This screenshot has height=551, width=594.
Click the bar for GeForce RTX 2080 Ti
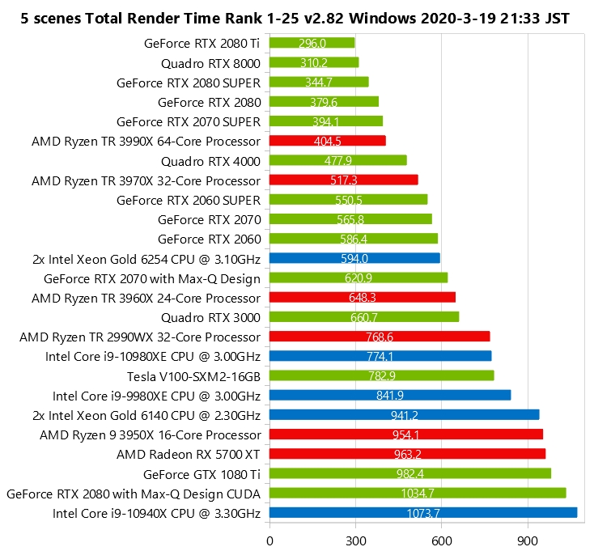pos(312,43)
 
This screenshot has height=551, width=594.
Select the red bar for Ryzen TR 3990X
pos(327,141)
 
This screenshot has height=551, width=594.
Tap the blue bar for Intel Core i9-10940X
pos(422,512)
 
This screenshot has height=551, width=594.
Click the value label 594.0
pos(354,258)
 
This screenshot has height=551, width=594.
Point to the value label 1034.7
pos(418,493)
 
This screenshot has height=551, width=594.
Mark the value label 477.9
pos(338,160)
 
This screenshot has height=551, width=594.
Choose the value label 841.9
pos(390,395)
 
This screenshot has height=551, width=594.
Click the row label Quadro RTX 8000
pos(210,62)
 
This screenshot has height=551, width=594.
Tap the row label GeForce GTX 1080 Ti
pos(202,473)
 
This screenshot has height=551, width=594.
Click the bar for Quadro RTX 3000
pos(363,317)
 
